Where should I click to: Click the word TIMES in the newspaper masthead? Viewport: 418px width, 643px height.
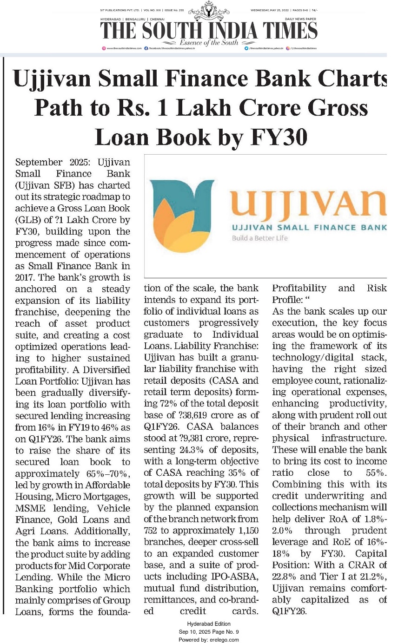coord(290,31)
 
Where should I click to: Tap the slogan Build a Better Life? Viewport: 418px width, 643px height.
coord(260,238)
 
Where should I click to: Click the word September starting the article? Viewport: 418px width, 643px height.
coord(39,162)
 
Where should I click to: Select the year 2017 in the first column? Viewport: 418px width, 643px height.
coord(26,278)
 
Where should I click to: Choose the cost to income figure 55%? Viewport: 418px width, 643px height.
coord(376,473)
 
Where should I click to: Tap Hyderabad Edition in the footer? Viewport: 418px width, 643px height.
coord(209,624)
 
